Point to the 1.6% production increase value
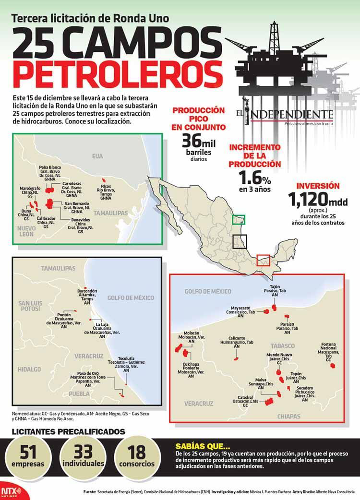[x=255, y=178]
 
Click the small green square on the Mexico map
[x=239, y=219]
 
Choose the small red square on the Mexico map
[x=263, y=260]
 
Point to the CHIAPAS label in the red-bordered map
[x=289, y=417]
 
